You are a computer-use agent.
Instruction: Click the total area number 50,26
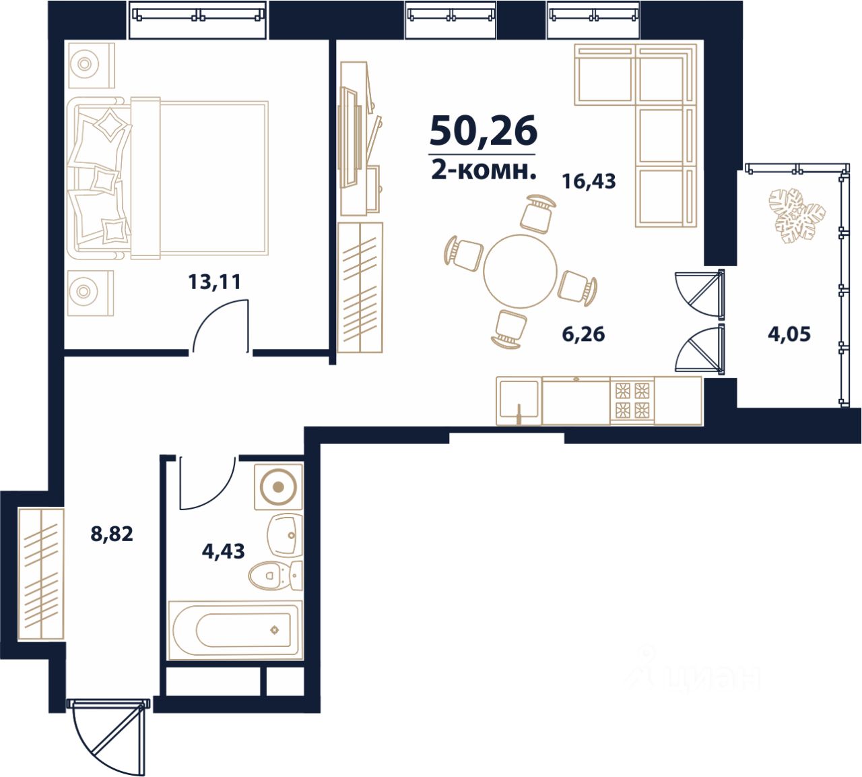point(483,130)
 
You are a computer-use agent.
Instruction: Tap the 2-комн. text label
point(484,172)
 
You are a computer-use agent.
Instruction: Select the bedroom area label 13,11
point(214,282)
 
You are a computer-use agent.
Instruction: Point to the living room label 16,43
point(589,181)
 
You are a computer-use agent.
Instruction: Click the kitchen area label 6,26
point(584,334)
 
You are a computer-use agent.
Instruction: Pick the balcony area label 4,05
point(789,334)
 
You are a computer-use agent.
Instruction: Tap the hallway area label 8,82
point(112,534)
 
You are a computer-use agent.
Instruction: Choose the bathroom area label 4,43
point(224,551)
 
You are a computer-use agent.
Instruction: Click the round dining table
point(520,271)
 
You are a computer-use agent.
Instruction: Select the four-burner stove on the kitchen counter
point(632,401)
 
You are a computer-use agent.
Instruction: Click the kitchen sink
point(519,400)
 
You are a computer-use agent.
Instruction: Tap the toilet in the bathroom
point(275,576)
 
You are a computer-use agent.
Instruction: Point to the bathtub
point(236,630)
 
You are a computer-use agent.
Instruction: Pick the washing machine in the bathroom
point(278,487)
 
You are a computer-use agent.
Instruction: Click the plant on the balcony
point(796,216)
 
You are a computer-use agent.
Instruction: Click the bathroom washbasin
point(284,535)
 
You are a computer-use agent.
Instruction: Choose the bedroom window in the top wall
point(198,20)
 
